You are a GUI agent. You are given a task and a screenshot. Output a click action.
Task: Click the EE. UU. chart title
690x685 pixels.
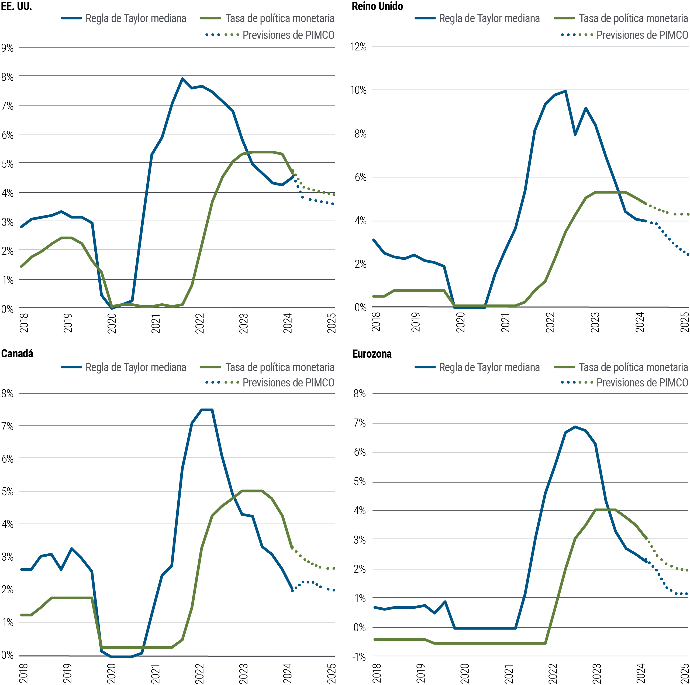tap(16, 6)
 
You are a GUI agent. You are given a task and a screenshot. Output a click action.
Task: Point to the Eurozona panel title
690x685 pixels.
tap(372, 354)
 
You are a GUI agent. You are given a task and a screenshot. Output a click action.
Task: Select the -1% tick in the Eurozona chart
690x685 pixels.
tap(360, 657)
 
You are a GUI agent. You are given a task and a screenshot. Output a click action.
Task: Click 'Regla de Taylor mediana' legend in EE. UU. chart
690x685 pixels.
tap(136, 18)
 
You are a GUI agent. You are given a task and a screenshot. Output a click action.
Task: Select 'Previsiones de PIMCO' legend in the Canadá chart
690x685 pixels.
tap(288, 383)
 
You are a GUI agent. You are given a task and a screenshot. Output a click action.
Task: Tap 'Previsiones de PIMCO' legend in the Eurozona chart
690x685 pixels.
tap(642, 383)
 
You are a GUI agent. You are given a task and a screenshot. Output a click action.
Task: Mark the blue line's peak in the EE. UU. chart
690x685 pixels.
tap(182, 78)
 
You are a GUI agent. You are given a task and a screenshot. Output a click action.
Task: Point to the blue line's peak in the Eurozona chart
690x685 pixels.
tap(575, 427)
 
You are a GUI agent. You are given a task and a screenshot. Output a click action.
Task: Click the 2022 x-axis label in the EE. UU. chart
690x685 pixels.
tap(200, 323)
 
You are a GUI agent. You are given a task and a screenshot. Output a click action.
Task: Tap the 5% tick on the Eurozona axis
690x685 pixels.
tap(360, 481)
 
